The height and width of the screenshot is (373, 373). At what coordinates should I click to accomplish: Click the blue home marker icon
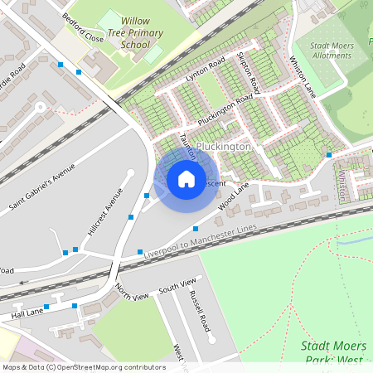pyautogui.click(x=186, y=179)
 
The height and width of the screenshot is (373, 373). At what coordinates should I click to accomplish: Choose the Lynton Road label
pyautogui.click(x=206, y=70)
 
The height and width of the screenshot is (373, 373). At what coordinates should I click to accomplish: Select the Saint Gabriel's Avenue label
pyautogui.click(x=41, y=186)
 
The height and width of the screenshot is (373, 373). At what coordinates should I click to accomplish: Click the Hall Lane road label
pyautogui.click(x=26, y=313)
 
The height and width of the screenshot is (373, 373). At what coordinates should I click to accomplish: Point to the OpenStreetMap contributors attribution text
pyautogui.click(x=84, y=367)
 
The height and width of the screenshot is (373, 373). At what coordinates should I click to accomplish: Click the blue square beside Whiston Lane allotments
pyautogui.click(x=329, y=155)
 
